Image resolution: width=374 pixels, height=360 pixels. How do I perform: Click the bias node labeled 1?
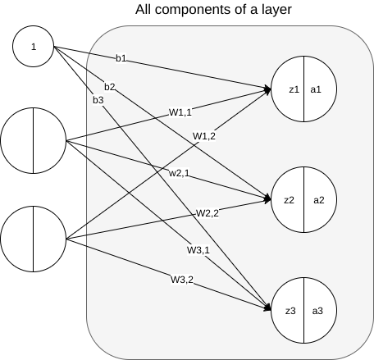click(34, 47)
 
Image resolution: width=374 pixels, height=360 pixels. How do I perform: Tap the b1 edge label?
click(121, 58)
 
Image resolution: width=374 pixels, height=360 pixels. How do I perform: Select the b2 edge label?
click(110, 87)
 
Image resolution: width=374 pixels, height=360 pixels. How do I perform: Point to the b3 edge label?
click(98, 100)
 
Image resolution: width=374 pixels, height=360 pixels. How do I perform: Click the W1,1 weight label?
click(180, 112)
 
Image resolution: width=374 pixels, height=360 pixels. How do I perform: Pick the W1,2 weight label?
click(204, 136)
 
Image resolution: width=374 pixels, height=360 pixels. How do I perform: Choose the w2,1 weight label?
click(179, 173)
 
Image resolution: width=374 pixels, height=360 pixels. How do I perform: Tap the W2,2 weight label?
click(208, 213)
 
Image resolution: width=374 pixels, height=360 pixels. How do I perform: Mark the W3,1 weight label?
click(198, 250)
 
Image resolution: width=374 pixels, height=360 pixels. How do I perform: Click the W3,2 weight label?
click(182, 280)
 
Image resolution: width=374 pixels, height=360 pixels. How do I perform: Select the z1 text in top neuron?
click(294, 89)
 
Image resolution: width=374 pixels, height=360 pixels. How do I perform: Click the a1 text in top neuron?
click(316, 89)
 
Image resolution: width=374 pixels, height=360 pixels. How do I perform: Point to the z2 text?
click(289, 200)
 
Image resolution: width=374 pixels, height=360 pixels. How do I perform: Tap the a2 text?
click(319, 200)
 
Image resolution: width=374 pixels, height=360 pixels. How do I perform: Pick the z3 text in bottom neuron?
click(290, 311)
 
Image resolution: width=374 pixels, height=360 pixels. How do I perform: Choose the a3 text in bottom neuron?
click(317, 311)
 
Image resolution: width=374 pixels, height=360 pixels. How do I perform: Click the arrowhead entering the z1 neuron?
click(267, 89)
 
